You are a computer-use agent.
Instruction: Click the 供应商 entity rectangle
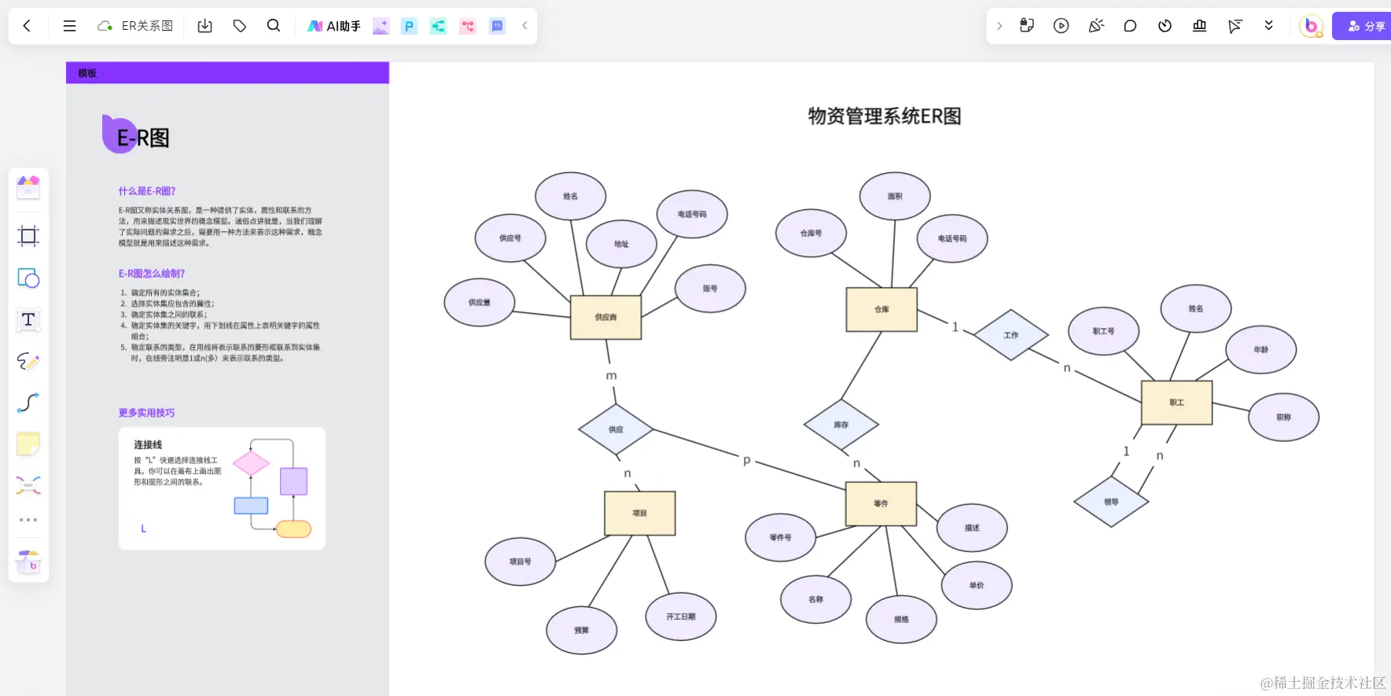[605, 317]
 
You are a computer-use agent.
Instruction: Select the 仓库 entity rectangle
[881, 309]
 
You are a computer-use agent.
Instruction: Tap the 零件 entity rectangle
[881, 503]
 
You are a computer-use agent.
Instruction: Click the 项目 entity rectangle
[639, 513]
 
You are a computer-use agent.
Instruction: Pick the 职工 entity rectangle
[1176, 402]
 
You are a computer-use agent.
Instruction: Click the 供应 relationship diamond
[616, 429]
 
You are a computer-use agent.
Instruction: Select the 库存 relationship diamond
[841, 425]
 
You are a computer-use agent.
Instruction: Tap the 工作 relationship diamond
[1010, 335]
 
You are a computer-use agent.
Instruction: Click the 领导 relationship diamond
[1110, 502]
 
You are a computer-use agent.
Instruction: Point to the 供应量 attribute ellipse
[479, 302]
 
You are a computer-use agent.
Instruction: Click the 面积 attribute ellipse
[895, 196]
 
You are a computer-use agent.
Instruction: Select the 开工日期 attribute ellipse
[680, 617]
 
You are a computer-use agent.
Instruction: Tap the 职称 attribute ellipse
[1283, 417]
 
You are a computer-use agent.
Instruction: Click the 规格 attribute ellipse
[901, 619]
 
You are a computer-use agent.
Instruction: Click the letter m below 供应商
[611, 376]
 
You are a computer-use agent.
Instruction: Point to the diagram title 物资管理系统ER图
[885, 116]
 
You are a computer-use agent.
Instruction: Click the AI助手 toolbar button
[334, 26]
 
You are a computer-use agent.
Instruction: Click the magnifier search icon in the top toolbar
[273, 26]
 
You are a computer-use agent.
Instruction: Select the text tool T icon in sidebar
[28, 319]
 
